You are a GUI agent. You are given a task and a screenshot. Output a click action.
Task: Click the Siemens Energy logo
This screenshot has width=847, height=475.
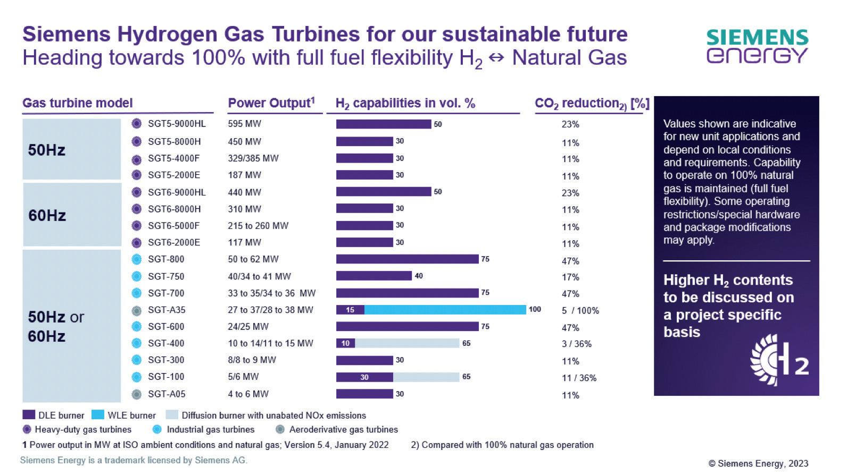(757, 46)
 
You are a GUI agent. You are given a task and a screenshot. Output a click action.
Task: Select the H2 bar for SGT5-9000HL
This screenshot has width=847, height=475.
(383, 124)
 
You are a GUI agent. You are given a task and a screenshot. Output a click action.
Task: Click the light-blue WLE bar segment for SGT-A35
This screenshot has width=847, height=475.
(445, 310)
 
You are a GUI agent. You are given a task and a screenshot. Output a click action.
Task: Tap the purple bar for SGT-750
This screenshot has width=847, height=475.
(373, 276)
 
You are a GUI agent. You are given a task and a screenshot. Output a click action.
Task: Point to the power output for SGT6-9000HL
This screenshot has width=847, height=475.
(245, 192)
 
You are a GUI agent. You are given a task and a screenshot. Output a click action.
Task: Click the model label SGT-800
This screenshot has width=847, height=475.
(166, 259)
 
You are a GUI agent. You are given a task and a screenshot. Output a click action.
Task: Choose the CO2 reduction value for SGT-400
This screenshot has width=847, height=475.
(576, 344)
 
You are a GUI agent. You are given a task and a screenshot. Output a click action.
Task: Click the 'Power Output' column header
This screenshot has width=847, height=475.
(271, 103)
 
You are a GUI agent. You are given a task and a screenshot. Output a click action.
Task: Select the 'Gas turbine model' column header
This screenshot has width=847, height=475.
(78, 103)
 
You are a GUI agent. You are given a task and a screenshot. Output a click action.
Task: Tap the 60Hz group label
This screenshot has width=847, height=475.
(47, 216)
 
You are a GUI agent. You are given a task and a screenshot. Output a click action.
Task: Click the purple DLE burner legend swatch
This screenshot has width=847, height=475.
(29, 415)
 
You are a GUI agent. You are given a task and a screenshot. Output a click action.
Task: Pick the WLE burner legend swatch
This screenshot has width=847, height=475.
(98, 415)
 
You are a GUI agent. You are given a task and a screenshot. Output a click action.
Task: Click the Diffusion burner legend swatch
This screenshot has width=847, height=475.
(172, 415)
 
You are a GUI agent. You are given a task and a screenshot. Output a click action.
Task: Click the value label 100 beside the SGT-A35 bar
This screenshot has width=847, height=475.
(535, 309)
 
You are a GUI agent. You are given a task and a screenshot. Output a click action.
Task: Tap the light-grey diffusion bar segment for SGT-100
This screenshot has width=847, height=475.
(426, 377)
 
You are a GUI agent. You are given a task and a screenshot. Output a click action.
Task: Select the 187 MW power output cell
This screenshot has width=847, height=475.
(245, 175)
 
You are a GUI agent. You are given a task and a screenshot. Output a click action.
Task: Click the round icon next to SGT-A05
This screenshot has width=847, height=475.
(137, 394)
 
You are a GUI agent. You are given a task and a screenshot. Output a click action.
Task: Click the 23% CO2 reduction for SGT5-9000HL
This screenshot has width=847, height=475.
(570, 124)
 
